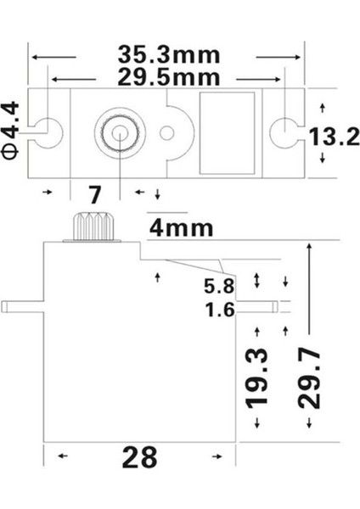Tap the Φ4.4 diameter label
coord(11,131)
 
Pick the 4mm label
coord(180,227)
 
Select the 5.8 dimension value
coord(219,284)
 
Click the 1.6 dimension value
coord(219,310)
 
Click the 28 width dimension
coord(139,457)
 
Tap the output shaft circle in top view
coord(118,131)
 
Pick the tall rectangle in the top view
coord(228,131)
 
